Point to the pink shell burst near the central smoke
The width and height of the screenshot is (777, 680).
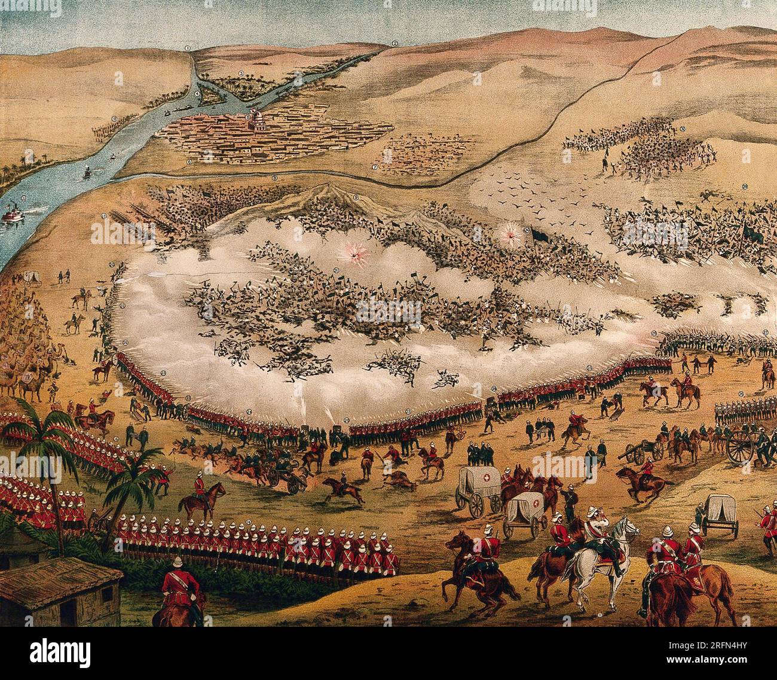click(357, 255)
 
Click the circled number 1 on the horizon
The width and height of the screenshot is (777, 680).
click(187, 47)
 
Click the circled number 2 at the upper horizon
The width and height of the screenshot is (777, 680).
click(394, 43)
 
